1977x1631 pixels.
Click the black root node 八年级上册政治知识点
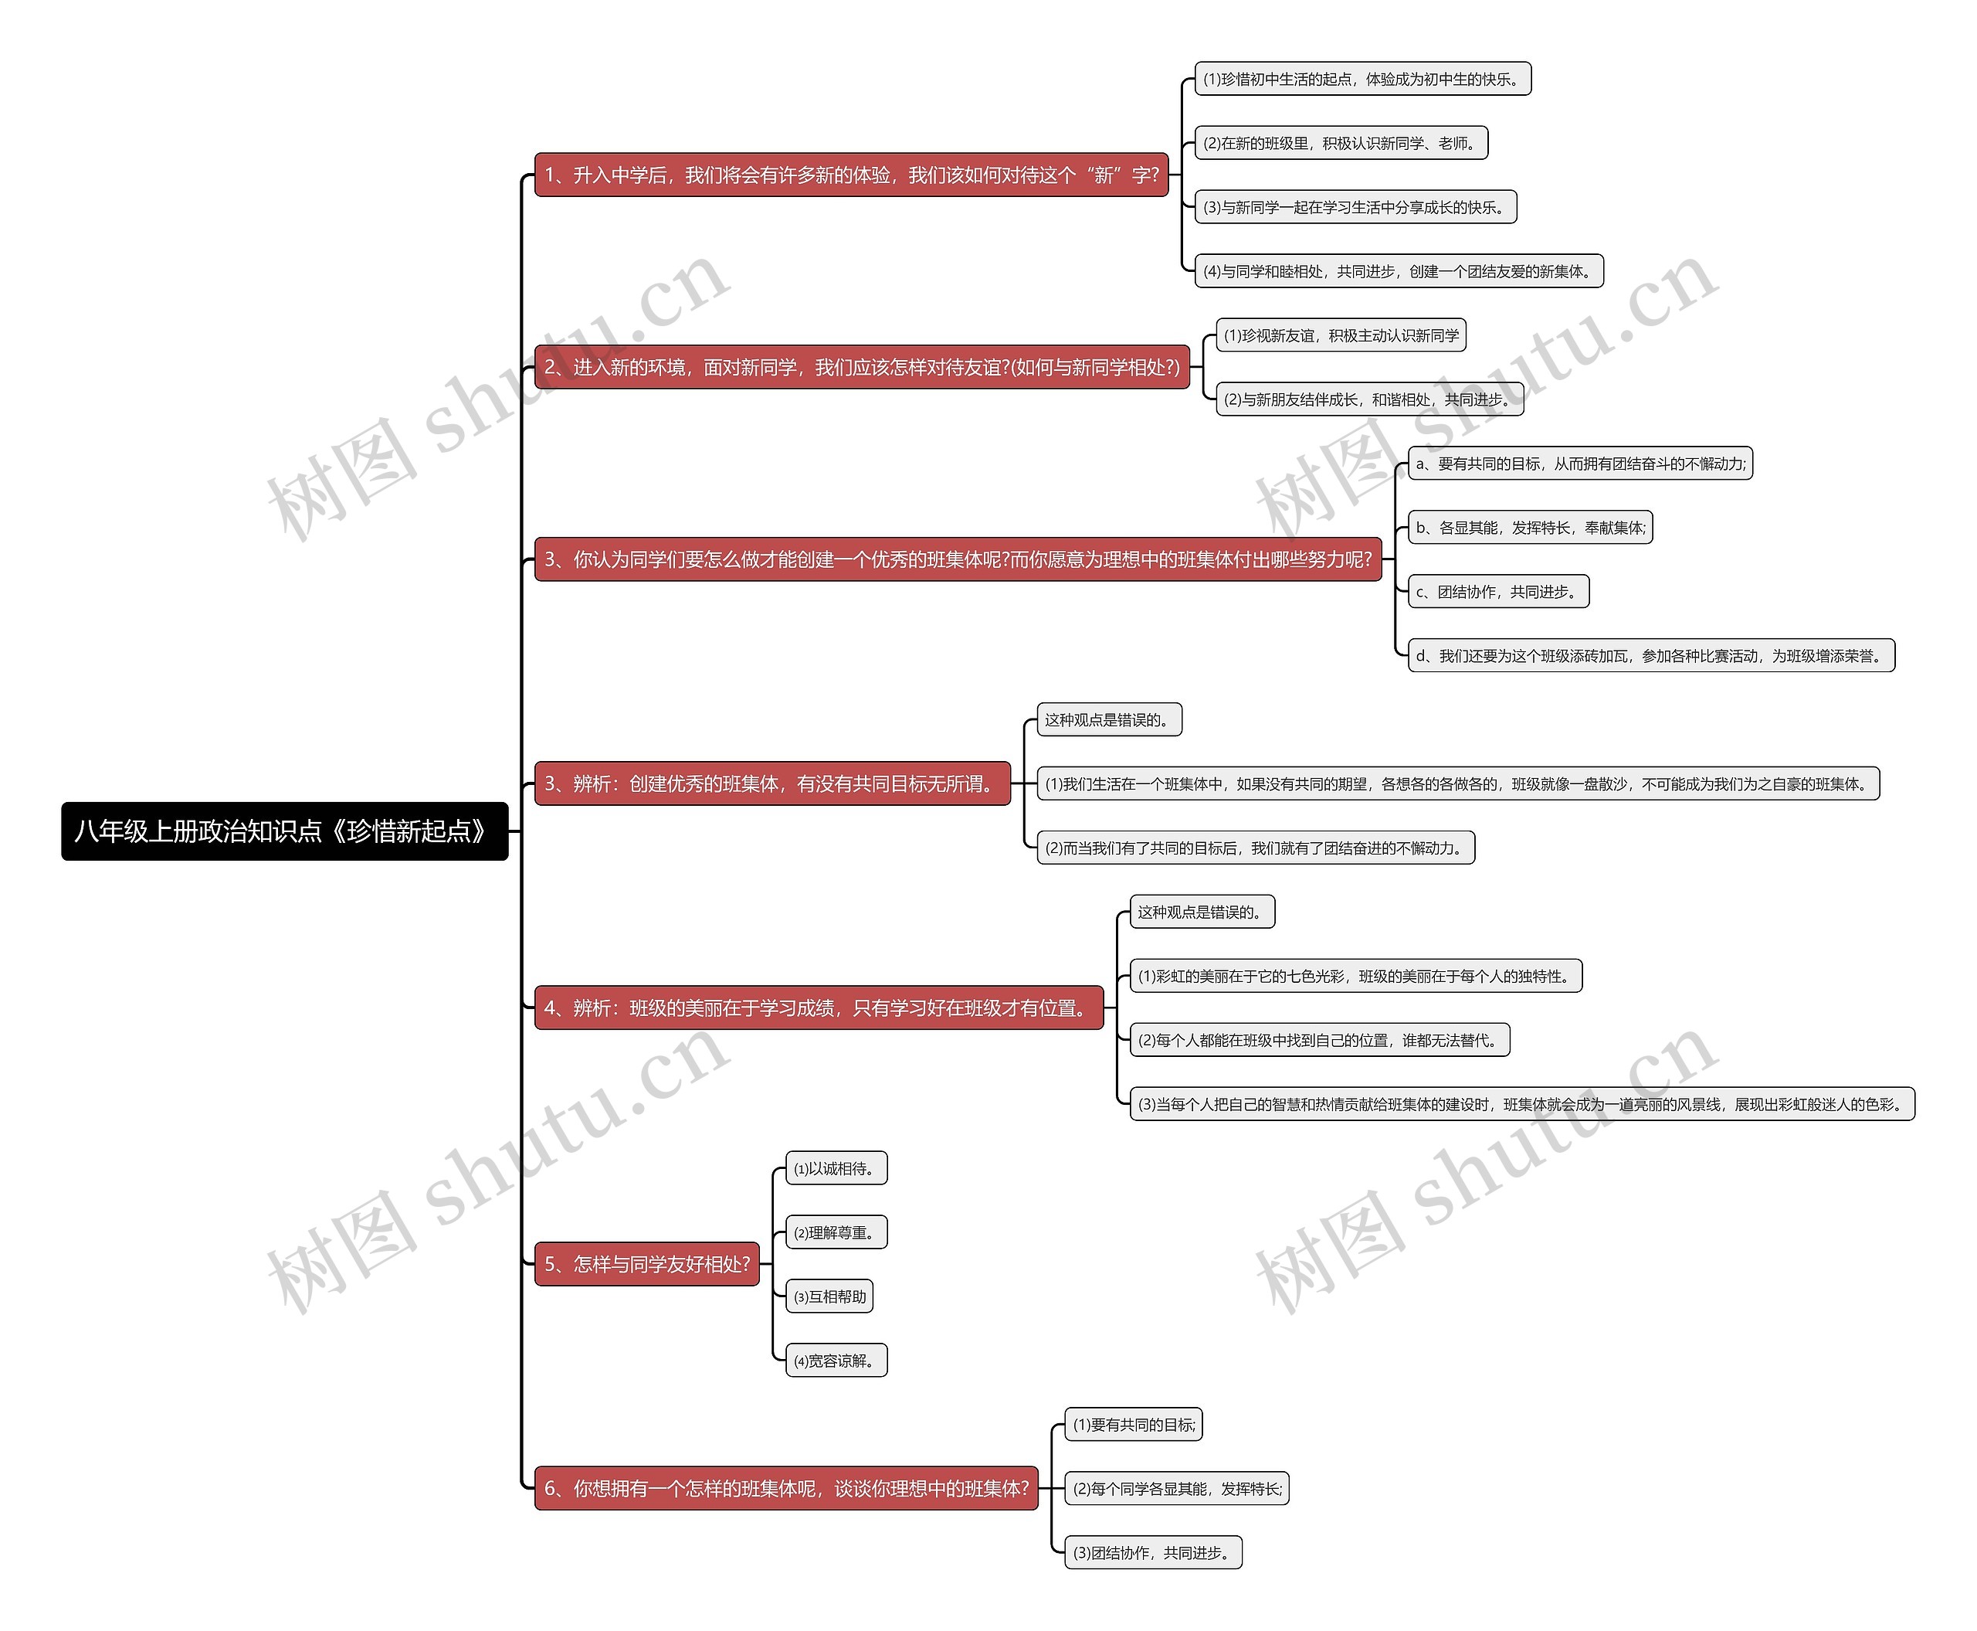pos(284,831)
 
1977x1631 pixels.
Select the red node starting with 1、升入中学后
pos(851,175)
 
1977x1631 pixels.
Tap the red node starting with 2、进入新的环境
pos(861,367)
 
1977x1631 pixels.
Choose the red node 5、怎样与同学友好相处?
pos(647,1265)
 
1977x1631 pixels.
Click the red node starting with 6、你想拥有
pos(786,1489)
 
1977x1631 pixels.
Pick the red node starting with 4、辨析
pos(818,1008)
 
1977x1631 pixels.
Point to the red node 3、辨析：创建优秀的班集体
pos(772,784)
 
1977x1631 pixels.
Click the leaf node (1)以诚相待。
pos(836,1169)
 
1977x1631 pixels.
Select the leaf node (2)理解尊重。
pos(836,1232)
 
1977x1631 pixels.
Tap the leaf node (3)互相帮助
pos(829,1297)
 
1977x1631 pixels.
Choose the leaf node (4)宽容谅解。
pos(836,1361)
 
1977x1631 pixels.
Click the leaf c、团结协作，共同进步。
pos(1498,592)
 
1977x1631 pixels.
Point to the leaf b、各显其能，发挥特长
pos(1530,528)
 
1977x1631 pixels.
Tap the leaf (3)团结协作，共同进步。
pos(1152,1553)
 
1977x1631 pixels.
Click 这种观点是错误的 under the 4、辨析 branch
pos(1201,912)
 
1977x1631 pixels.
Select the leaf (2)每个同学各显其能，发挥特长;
pos(1176,1489)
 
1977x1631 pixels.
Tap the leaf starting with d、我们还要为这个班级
pos(1651,656)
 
